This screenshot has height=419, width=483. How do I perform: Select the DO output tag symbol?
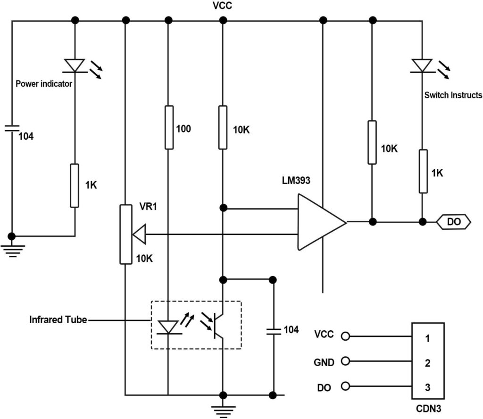coord(453,222)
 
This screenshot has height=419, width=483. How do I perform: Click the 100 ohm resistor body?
coord(168,127)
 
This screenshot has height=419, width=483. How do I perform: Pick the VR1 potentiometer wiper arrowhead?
coord(140,234)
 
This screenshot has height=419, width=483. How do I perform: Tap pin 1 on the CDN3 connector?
coord(427,338)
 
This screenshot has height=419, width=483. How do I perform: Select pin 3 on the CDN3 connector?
coord(427,387)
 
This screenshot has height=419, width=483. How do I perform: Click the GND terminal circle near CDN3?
coord(346,361)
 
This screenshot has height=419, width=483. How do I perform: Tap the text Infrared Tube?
coord(58,320)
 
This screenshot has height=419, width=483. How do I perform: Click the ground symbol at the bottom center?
coord(223,410)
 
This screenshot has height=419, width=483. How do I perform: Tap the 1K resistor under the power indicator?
coord(75,185)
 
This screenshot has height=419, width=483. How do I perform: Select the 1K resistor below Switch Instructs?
coord(423,171)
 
